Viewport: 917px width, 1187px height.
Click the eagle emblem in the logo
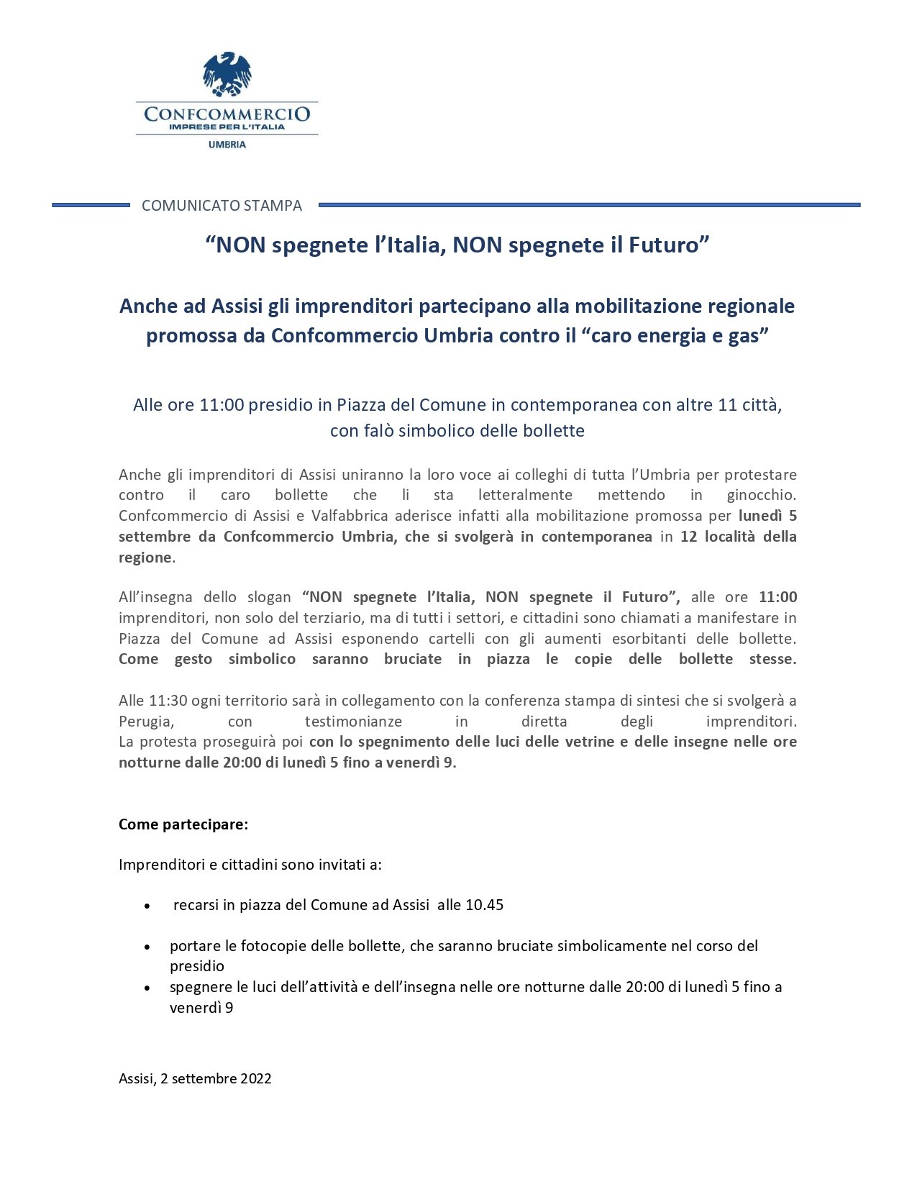pos(227,73)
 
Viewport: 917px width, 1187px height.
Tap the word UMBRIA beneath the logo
pos(227,145)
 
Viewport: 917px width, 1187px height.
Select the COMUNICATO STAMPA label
pos(222,206)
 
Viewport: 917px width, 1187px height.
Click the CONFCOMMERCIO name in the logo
pos(227,114)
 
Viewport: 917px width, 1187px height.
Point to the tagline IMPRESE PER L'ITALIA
pos(227,127)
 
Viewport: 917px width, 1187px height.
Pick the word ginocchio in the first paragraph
pos(761,495)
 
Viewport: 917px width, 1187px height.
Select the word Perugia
pos(146,722)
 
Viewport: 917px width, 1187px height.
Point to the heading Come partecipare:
pos(183,824)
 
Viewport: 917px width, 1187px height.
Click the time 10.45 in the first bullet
pos(484,905)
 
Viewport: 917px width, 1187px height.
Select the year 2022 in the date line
pos(256,1078)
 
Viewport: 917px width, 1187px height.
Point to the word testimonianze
pos(353,722)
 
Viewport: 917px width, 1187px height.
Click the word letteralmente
pos(525,495)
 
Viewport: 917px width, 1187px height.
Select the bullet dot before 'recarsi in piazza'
pos(147,906)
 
